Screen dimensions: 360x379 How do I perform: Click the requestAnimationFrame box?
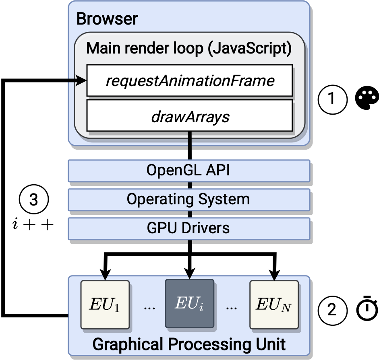[x=189, y=81]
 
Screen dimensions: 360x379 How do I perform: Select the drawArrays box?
[x=189, y=116]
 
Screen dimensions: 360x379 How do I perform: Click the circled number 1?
[x=333, y=99]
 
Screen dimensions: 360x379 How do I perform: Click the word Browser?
[x=107, y=19]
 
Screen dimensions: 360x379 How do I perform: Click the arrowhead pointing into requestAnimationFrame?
[x=82, y=81]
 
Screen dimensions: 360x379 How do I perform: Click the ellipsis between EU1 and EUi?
[x=149, y=308]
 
